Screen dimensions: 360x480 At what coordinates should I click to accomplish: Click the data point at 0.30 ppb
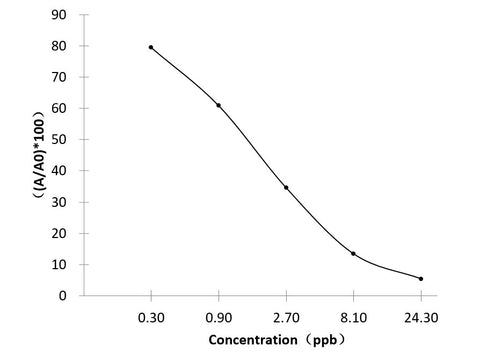pyautogui.click(x=151, y=47)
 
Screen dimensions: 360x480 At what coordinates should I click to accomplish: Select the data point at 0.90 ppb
pyautogui.click(x=218, y=105)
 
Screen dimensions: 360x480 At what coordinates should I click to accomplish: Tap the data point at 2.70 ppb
pyautogui.click(x=286, y=187)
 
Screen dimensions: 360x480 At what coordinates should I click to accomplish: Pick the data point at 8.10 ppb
pyautogui.click(x=353, y=253)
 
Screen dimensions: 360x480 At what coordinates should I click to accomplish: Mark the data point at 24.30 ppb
pyautogui.click(x=421, y=278)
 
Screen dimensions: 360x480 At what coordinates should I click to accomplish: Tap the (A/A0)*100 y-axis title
pyautogui.click(x=33, y=150)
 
